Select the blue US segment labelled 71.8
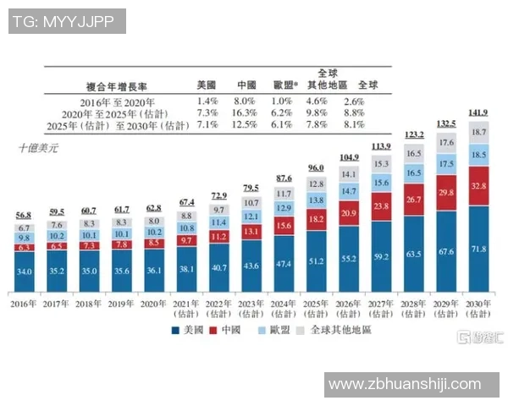[479, 250]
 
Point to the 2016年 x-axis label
[25, 302]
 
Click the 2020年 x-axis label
[155, 302]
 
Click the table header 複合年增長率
[118, 85]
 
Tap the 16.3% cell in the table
[246, 112]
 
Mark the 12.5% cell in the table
[246, 125]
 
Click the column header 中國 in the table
[246, 85]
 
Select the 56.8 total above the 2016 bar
[24, 216]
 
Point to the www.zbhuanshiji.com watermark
[404, 385]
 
